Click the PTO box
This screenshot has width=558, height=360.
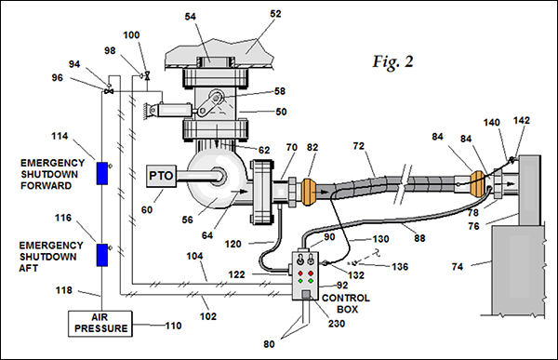161,176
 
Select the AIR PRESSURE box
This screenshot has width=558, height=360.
100,324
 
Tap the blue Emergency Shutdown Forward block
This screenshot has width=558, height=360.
102,173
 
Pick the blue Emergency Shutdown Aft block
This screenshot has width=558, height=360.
102,255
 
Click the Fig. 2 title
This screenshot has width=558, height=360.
392,61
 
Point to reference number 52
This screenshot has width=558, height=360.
275,14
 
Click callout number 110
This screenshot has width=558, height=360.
173,326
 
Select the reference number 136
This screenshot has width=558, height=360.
400,267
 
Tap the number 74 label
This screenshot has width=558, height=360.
458,266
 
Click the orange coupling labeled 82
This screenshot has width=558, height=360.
308,192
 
